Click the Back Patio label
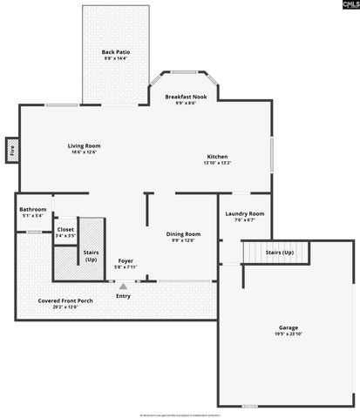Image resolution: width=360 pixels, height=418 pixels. [115, 52]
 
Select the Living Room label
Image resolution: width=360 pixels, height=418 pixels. [85, 145]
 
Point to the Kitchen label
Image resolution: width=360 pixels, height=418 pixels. [217, 157]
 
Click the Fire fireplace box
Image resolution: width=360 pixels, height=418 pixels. [12, 150]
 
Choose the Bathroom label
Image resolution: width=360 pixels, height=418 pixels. [33, 209]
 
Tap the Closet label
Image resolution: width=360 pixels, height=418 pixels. [65, 229]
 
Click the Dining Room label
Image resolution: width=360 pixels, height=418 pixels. [183, 233]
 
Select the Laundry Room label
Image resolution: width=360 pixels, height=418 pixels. [244, 213]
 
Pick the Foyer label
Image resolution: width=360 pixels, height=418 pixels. [126, 260]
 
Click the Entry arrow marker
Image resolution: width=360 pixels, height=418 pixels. [123, 286]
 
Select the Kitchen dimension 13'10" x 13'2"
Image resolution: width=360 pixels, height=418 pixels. [217, 163]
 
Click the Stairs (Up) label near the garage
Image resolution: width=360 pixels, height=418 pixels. [279, 252]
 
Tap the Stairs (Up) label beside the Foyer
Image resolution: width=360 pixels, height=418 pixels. [91, 255]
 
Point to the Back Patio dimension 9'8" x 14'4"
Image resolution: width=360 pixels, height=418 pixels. [115, 58]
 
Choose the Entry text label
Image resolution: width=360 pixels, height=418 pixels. [123, 296]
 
